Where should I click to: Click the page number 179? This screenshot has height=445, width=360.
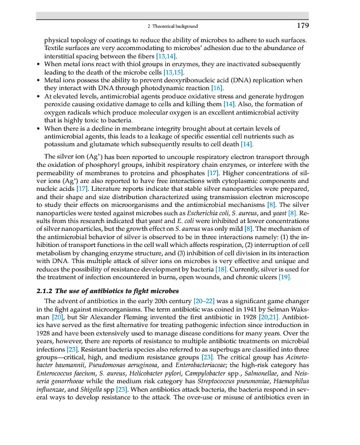[303, 26]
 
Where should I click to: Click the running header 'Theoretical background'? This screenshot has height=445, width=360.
[175, 26]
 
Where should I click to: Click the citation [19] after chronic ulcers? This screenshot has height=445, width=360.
[284, 277]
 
